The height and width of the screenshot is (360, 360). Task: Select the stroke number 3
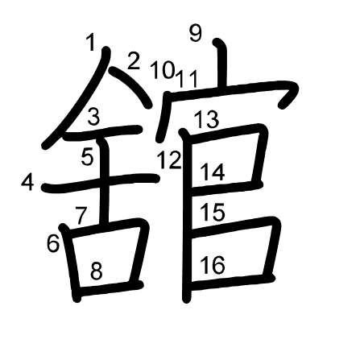[93, 118]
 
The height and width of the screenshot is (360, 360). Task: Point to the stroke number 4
[27, 183]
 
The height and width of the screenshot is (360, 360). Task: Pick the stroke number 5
[89, 157]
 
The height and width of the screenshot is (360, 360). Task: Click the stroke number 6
[53, 242]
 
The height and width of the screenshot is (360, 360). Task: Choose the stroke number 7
[81, 215]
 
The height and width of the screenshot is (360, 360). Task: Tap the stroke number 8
[97, 271]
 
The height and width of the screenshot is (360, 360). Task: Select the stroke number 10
[162, 70]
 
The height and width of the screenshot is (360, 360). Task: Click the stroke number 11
[188, 78]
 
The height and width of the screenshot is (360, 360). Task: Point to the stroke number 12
[169, 159]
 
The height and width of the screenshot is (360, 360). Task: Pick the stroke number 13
[207, 120]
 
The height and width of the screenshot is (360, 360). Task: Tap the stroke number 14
[213, 172]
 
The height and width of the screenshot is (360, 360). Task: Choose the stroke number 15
[213, 213]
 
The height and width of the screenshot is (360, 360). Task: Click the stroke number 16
[213, 265]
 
